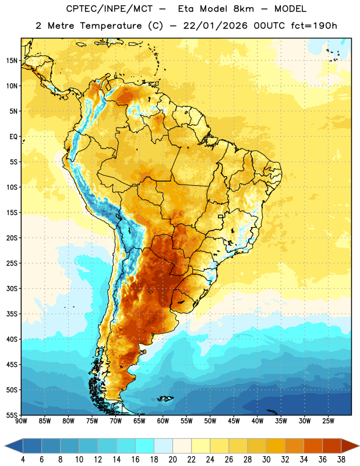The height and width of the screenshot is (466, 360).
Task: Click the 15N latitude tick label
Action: (12, 61)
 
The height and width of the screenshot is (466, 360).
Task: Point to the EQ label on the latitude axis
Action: (13, 137)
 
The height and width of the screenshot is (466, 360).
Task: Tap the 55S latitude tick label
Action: (12, 415)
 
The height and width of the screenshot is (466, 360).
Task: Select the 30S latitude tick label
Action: (12, 288)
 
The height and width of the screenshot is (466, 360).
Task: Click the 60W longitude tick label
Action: (163, 421)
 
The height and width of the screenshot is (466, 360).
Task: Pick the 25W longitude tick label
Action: (328, 421)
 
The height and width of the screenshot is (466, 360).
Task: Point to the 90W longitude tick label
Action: (21, 421)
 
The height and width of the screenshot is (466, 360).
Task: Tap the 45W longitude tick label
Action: (234, 421)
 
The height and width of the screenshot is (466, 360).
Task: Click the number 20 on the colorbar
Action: (172, 460)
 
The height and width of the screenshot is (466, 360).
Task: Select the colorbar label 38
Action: (341, 460)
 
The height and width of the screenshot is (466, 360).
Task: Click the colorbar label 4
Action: (23, 460)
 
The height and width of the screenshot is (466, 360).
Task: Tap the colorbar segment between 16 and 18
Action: (145, 446)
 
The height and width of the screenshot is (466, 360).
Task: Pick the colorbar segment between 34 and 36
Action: (313, 446)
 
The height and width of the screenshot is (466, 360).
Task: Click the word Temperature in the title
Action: (111, 26)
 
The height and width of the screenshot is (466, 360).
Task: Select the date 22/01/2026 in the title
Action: (215, 26)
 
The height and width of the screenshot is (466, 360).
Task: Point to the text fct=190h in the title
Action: (314, 26)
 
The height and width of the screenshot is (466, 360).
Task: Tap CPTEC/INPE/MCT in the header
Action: (110, 9)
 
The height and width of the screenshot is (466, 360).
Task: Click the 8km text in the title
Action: (243, 9)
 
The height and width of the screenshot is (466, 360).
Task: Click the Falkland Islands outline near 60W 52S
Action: (165, 399)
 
